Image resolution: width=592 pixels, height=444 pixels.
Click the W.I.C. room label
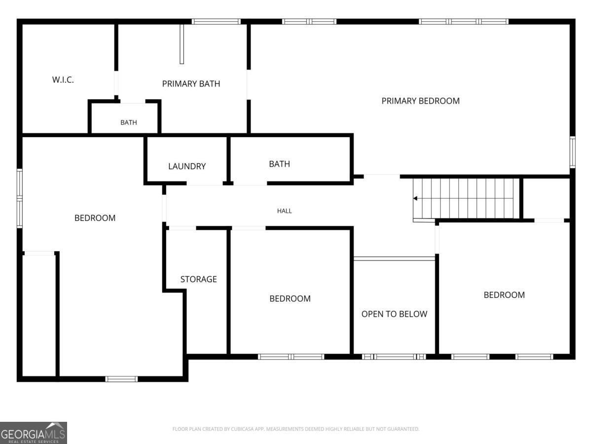pyautogui.click(x=63, y=80)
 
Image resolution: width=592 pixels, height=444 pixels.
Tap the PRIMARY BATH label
pyautogui.click(x=191, y=84)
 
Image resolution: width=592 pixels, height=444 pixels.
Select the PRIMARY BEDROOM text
pyautogui.click(x=420, y=101)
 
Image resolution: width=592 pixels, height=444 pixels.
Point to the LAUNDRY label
pyautogui.click(x=187, y=166)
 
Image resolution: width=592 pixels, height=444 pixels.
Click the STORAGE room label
pyautogui.click(x=198, y=279)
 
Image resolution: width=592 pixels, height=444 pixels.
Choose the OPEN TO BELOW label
pyautogui.click(x=394, y=314)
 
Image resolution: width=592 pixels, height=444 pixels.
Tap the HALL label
pyautogui.click(x=285, y=211)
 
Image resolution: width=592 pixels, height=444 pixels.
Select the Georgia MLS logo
pyautogui.click(x=34, y=433)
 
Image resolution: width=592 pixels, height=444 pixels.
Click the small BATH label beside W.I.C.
pyautogui.click(x=129, y=123)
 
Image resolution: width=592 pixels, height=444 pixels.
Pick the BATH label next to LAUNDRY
pyautogui.click(x=279, y=164)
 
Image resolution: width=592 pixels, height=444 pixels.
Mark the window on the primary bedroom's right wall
pyautogui.click(x=572, y=152)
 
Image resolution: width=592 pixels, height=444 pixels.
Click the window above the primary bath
pyautogui.click(x=216, y=22)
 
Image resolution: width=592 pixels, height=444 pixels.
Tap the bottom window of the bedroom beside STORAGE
pyautogui.click(x=291, y=357)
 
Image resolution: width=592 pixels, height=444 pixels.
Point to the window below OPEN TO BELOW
pyautogui.click(x=394, y=357)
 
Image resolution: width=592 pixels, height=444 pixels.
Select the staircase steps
pyautogui.click(x=466, y=198)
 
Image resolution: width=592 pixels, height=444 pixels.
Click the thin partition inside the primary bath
pyautogui.click(x=182, y=44)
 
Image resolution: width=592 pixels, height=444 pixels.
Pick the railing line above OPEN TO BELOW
pyautogui.click(x=394, y=259)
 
